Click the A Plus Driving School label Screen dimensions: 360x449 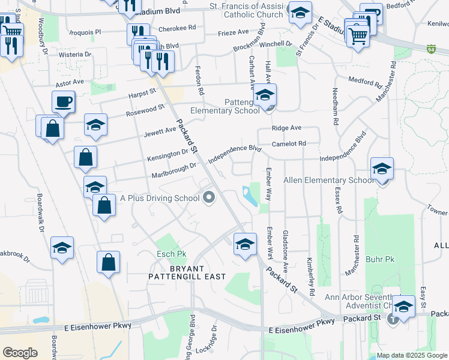[160, 197]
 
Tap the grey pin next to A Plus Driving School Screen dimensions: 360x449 [209, 197]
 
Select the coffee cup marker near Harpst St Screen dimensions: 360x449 [63, 103]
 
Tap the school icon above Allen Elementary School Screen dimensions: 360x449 [381, 169]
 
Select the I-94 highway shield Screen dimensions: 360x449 [432, 48]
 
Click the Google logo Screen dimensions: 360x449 [20, 353]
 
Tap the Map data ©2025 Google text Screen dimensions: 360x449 [412, 356]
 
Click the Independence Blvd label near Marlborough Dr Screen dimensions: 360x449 [236, 154]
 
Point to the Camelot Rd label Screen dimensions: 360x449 [288, 143]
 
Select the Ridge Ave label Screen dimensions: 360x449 [286, 128]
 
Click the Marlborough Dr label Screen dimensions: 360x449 [174, 170]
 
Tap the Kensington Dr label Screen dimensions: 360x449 [168, 155]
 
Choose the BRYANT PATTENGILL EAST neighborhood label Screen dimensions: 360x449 [187, 272]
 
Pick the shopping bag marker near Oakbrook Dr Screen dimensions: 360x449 [108, 262]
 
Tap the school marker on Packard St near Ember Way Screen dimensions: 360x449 [245, 244]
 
